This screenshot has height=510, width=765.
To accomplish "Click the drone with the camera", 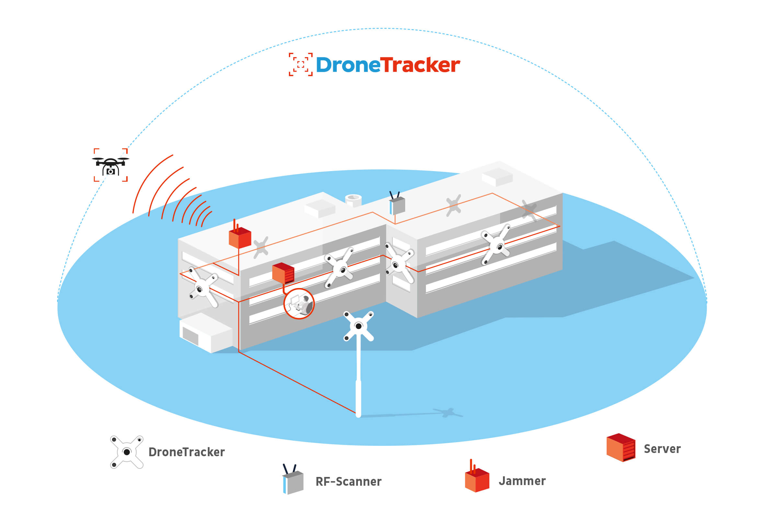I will [110, 165].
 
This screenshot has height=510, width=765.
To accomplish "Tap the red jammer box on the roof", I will [240, 237].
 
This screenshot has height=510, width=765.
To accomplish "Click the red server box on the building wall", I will [283, 273].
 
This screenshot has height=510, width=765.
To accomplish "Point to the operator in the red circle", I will [299, 304].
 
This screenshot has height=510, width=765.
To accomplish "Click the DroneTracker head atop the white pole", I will [358, 326].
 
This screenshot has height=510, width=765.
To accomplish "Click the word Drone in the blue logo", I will [348, 65].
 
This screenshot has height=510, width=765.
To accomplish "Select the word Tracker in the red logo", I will [420, 65].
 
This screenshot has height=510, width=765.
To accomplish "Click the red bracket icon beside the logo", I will [301, 64].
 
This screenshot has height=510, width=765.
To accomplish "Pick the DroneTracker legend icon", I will [127, 452].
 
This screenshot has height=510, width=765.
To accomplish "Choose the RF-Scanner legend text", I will [348, 481].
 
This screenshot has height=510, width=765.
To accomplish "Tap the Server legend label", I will [662, 449].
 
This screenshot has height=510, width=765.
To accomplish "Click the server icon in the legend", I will [621, 447].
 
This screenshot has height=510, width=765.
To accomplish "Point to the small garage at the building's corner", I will [205, 332].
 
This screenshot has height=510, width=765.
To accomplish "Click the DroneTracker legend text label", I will [186, 452].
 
